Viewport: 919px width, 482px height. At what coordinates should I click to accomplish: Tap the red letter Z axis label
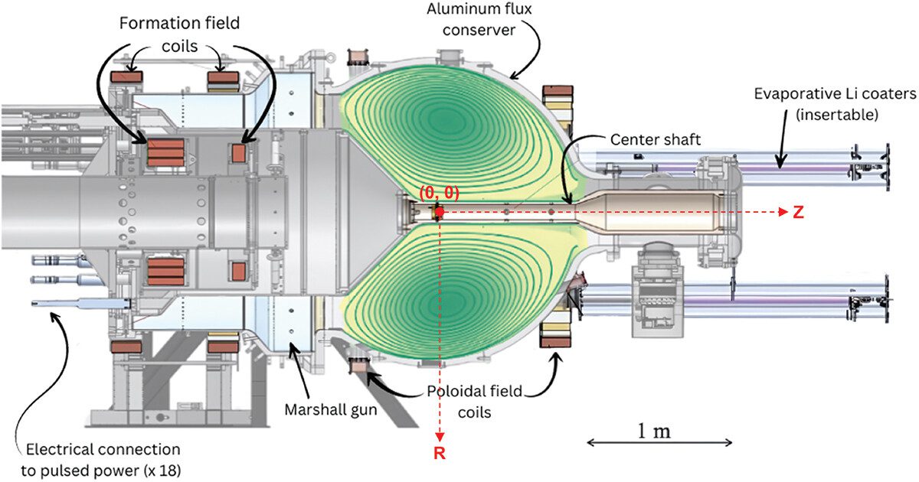point(798,213)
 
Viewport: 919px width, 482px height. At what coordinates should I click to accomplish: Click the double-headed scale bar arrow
point(660,442)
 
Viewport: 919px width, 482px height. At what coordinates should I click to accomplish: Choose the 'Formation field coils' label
point(179,34)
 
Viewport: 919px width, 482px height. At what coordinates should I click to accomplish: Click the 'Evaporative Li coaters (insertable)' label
point(833,103)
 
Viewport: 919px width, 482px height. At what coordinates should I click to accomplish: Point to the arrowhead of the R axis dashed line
point(438,437)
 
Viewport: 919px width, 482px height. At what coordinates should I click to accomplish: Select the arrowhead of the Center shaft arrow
point(569,200)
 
